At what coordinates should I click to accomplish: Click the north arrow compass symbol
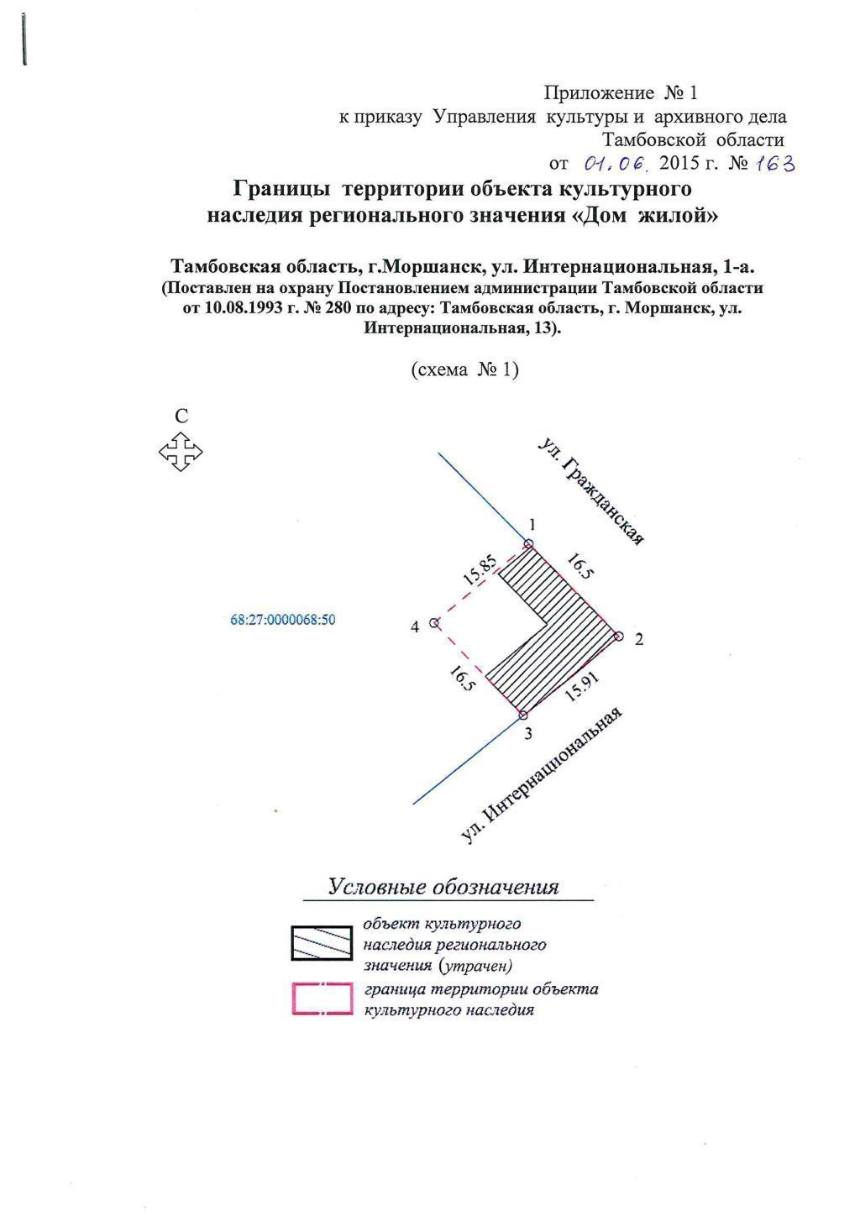tap(181, 452)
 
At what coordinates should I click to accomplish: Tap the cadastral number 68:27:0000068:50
tap(283, 621)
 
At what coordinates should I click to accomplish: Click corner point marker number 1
tap(528, 545)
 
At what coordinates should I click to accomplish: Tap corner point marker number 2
tap(619, 637)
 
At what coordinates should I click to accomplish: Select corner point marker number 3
tap(523, 715)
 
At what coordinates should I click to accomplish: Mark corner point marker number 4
tap(434, 623)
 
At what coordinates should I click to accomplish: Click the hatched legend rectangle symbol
tap(321, 943)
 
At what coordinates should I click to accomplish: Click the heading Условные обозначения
tap(443, 888)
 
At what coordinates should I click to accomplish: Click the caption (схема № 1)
tap(464, 370)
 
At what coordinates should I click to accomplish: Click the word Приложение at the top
tap(599, 92)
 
